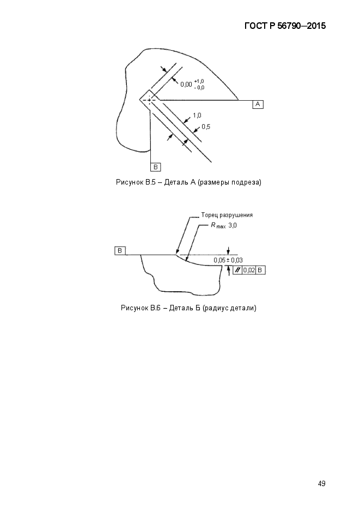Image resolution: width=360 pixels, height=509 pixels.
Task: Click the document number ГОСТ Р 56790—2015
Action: [285, 26]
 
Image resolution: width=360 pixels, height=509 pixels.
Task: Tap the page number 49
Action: [322, 483]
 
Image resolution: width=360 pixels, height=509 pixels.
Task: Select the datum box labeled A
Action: [258, 104]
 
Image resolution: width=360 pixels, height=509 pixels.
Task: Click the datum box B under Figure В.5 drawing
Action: [155, 167]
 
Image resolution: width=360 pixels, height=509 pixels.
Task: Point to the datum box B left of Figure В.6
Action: [120, 250]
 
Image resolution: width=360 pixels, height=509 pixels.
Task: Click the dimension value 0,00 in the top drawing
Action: [186, 84]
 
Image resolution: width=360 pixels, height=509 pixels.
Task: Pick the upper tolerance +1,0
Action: [199, 81]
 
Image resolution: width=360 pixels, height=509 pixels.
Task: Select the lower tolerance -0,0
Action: [200, 88]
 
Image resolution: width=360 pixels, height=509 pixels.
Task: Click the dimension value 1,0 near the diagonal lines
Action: [197, 115]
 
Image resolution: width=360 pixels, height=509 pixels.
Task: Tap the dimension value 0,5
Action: [206, 127]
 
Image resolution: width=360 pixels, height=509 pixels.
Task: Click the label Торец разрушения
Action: [227, 215]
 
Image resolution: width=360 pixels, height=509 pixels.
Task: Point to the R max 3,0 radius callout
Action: [224, 225]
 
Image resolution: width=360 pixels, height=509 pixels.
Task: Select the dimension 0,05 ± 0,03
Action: [228, 260]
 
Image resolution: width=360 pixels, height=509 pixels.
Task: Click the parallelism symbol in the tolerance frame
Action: [237, 270]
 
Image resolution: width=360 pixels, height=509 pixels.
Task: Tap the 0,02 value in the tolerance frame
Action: [249, 270]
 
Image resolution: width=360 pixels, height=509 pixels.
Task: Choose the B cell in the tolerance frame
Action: [260, 270]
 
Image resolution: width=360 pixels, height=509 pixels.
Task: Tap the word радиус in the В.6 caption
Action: [216, 308]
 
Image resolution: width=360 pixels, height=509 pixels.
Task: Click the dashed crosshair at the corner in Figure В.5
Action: [150, 100]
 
